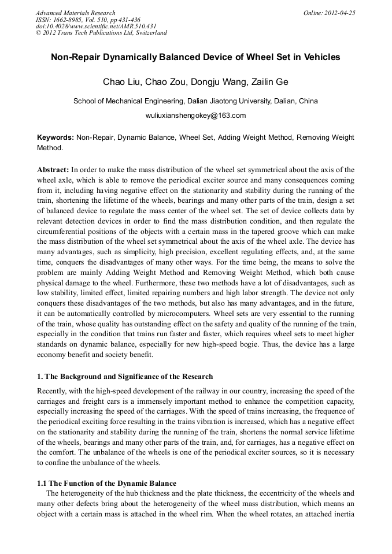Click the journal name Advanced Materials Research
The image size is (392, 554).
point(75,13)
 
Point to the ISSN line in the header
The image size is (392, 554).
point(88,19)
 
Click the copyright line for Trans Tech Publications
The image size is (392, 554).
point(101,33)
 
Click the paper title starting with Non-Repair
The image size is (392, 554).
point(195,58)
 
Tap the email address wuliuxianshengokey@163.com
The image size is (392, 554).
point(195,115)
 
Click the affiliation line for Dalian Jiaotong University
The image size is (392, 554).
point(195,101)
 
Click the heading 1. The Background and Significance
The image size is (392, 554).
point(125,377)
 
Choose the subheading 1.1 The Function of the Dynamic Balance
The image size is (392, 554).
point(107,483)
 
